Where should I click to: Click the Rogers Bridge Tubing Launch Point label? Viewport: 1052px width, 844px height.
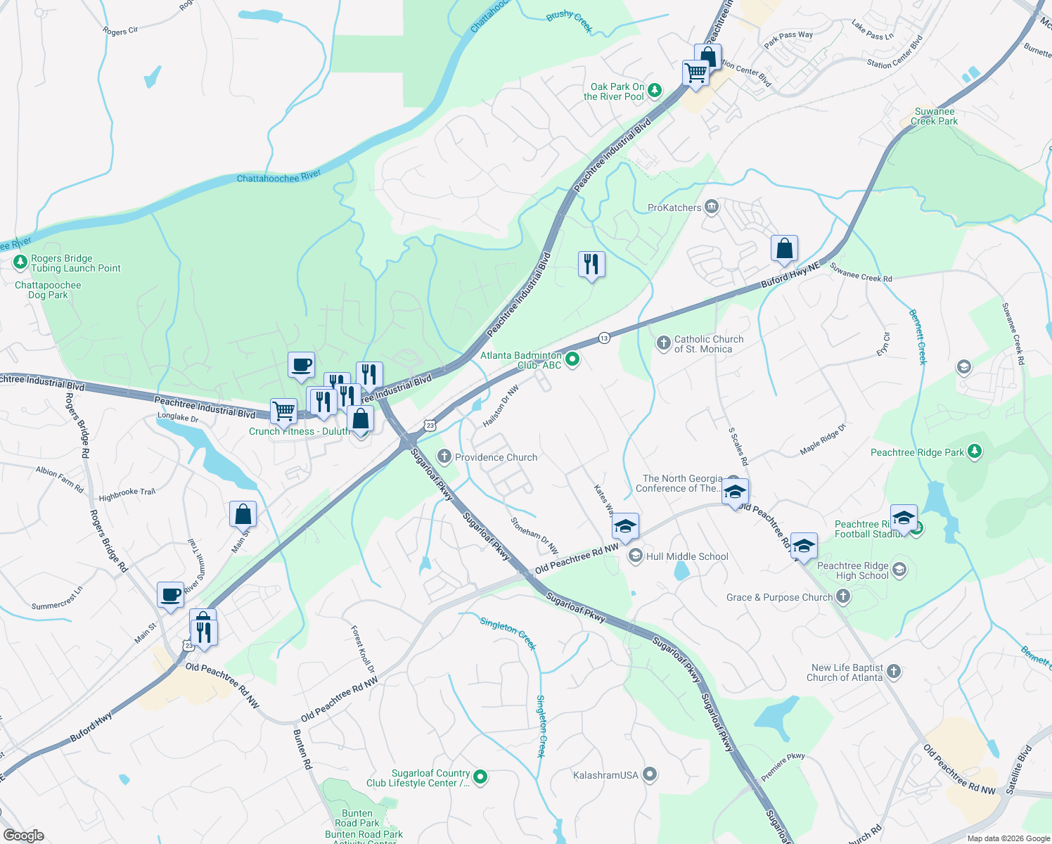point(75,263)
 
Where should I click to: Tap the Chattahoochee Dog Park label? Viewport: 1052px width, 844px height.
point(48,290)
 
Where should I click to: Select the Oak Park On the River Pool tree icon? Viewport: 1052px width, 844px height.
point(655,89)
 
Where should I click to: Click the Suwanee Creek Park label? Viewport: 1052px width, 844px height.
point(934,116)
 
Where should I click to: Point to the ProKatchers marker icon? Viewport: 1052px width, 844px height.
point(712,207)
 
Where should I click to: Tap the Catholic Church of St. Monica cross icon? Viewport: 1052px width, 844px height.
point(663,343)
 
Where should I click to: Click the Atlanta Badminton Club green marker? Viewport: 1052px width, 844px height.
point(572,359)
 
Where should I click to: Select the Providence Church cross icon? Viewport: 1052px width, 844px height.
point(444,456)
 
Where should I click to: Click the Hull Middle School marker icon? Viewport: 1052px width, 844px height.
point(635,556)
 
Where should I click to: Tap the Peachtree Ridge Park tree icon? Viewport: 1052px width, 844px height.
point(974,452)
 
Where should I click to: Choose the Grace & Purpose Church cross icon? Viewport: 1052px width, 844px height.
point(843,597)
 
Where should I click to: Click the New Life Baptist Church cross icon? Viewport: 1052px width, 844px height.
point(894,671)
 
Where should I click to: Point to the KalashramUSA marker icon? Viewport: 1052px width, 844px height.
point(650,774)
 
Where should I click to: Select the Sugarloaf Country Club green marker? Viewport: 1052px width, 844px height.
point(480,777)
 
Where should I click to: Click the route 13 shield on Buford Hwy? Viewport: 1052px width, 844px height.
point(604,338)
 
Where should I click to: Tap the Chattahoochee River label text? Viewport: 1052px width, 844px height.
point(278,177)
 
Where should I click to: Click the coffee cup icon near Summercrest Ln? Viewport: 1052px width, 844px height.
point(170,595)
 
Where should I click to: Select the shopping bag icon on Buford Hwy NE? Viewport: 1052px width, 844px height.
point(784,248)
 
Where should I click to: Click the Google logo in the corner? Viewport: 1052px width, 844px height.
point(24,835)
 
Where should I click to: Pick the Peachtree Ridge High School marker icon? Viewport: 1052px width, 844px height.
point(899,569)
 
